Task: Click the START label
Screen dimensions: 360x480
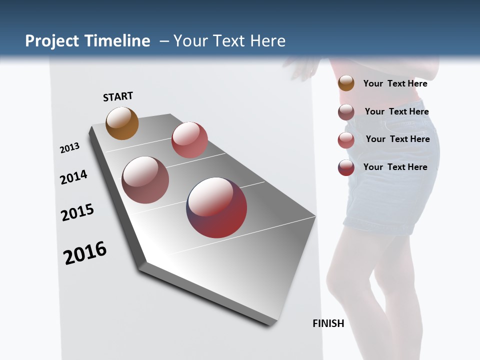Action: (118, 96)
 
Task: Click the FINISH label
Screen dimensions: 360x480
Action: (328, 323)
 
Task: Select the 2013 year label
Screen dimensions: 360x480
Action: (69, 147)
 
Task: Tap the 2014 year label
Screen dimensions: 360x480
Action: (73, 177)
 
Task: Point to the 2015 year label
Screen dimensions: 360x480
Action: (77, 212)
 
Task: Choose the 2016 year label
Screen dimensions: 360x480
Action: (85, 253)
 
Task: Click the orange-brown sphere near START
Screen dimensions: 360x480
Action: (122, 123)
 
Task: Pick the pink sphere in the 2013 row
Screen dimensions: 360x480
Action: (189, 140)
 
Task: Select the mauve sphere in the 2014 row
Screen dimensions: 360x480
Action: (145, 180)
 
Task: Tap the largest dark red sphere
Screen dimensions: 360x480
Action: (216, 207)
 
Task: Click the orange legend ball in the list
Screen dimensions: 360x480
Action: (346, 83)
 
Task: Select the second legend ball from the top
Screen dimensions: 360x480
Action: (346, 112)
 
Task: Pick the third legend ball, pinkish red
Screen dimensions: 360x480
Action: (346, 140)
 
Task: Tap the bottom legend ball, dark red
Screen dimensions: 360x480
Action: (346, 167)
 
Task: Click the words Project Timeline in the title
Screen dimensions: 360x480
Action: (87, 41)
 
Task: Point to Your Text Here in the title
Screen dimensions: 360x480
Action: (229, 41)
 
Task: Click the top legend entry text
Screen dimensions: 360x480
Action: (395, 83)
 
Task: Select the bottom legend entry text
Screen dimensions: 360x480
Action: (395, 167)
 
